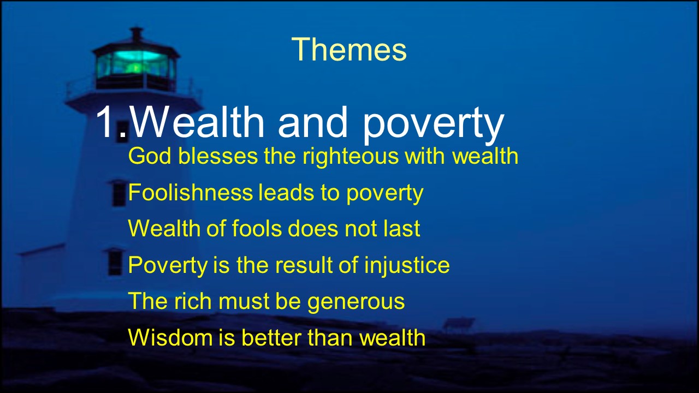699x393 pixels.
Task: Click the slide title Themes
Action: [349, 49]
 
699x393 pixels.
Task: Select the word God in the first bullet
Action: [150, 156]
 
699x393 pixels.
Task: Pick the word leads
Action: [286, 192]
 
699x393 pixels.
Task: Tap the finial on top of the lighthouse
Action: [137, 34]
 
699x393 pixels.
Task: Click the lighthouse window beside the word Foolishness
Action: [119, 194]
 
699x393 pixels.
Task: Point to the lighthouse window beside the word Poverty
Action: [115, 263]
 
